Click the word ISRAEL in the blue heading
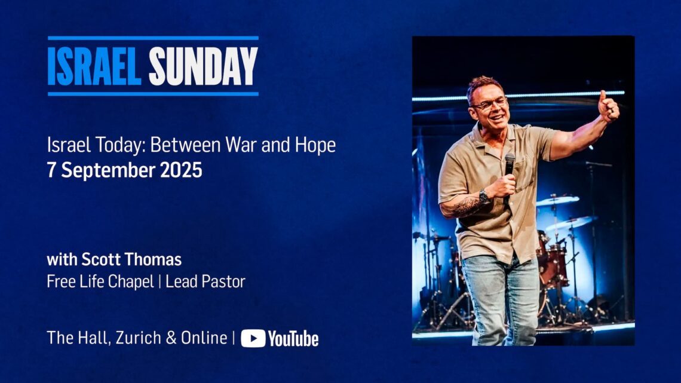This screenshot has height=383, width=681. point(94,66)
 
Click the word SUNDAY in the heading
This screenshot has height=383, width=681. point(203,66)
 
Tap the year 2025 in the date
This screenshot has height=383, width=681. point(181,170)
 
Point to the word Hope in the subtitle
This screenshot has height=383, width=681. point(315,145)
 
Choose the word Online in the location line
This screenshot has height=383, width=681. point(204,338)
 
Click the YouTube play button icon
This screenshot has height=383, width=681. point(253,338)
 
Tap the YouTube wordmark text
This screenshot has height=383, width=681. point(293,339)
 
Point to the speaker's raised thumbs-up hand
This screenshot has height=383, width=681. point(609,106)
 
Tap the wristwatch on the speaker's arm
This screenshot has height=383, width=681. point(483,197)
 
